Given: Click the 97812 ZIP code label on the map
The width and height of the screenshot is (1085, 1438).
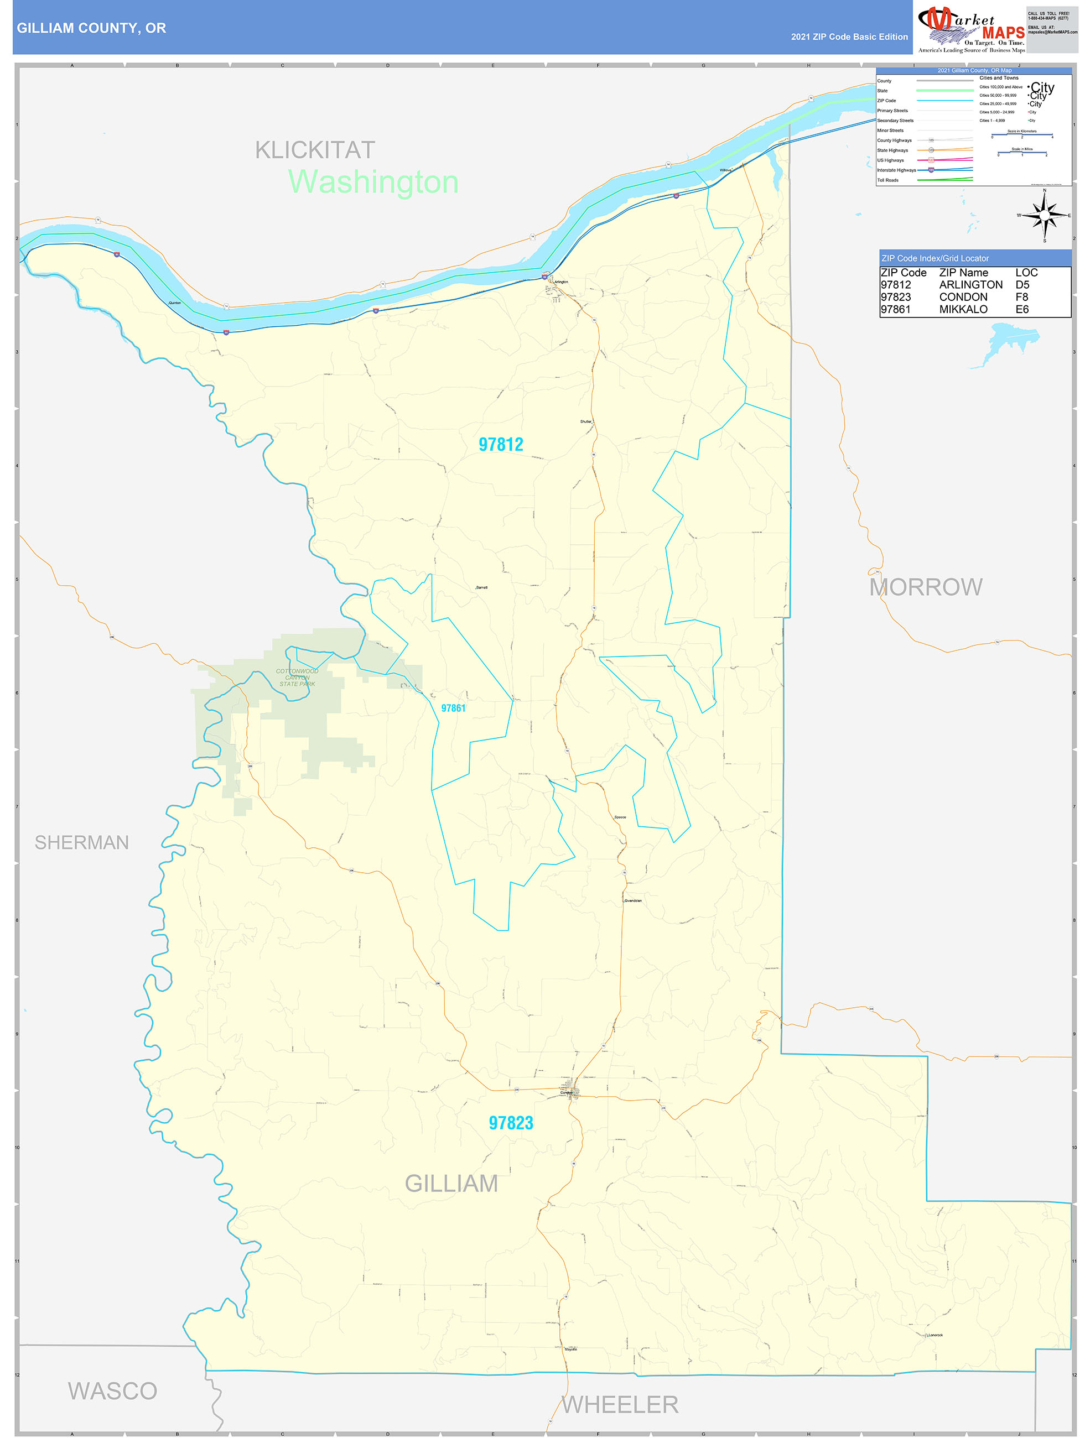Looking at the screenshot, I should click(500, 445).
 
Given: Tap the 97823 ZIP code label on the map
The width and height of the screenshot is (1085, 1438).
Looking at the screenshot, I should click(511, 1123).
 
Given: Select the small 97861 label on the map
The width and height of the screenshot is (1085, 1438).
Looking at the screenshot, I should click(453, 708).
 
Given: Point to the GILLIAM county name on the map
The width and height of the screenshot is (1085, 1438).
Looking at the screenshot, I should click(451, 1183).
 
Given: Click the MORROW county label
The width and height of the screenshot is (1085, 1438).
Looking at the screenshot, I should click(926, 587).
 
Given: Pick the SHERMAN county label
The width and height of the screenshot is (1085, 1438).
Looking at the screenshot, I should click(82, 842).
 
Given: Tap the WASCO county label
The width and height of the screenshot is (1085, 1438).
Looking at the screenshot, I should click(112, 1391).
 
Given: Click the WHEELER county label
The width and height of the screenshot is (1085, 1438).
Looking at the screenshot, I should click(620, 1405).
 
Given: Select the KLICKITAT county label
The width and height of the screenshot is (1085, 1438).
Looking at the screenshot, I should click(315, 150).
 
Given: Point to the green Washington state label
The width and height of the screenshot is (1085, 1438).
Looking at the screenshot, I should click(373, 182).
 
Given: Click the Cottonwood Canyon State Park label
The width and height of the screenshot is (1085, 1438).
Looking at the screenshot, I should click(297, 678).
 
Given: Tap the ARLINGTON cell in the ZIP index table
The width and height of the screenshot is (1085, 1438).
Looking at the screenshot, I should click(970, 285).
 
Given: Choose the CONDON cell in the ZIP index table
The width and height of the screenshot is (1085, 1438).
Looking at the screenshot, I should click(963, 297).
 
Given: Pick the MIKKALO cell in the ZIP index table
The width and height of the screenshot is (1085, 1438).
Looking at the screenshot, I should click(963, 309).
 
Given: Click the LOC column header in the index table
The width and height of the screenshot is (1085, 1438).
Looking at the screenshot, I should click(1026, 272).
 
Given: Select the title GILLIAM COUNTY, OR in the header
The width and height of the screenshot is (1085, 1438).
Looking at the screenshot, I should click(92, 28).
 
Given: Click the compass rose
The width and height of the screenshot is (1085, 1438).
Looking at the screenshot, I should click(1044, 215).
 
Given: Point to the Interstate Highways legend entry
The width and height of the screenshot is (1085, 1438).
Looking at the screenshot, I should click(896, 170).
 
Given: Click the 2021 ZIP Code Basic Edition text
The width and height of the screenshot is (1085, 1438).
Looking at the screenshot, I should click(849, 37).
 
